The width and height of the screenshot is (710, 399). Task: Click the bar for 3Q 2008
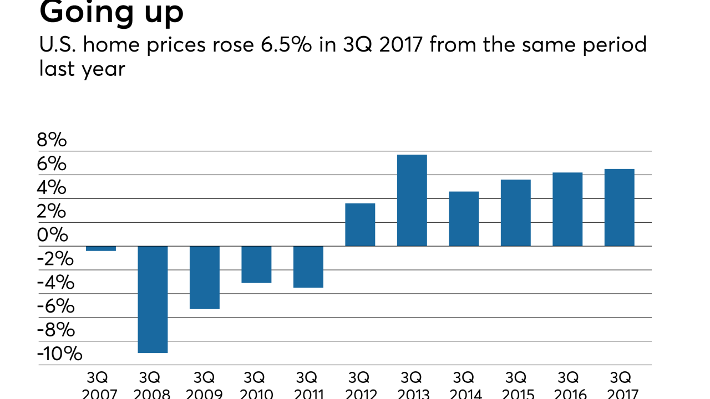pos(153,299)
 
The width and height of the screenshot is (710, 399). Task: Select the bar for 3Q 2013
pos(412,200)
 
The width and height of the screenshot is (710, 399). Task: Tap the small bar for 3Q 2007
pos(101,248)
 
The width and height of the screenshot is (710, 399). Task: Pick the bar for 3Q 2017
pos(619,207)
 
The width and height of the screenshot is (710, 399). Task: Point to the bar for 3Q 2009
pos(205,277)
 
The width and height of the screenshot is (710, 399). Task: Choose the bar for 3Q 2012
pos(360,224)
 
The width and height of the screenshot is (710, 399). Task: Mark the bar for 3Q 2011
pos(308,267)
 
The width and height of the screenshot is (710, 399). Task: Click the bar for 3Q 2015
pos(515,213)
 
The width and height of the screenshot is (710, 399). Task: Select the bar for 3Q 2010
pos(256,264)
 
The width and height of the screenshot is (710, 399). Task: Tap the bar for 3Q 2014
pos(464,218)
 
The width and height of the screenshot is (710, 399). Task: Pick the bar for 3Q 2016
pos(567,209)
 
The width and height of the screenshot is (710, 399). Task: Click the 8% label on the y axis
pos(52,140)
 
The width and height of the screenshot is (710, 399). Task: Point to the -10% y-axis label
pos(59,354)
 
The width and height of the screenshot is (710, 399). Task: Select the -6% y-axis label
pos(55,306)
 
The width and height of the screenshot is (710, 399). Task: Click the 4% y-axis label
pos(52,188)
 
